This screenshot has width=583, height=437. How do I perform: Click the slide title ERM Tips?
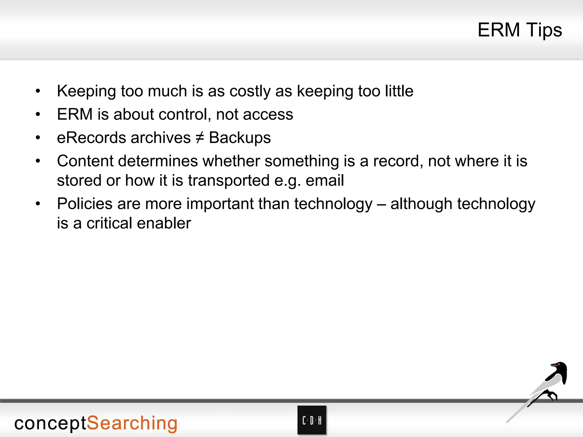[x=520, y=30]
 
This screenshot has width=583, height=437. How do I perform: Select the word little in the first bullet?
[x=399, y=91]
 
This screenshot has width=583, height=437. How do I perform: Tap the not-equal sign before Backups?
[x=200, y=138]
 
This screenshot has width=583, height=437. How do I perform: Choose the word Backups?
[x=240, y=138]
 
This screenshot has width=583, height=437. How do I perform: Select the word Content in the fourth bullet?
[x=85, y=161]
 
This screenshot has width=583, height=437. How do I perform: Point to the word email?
[x=325, y=180]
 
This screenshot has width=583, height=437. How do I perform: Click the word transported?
[x=229, y=180]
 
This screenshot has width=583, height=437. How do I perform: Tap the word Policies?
[x=85, y=204]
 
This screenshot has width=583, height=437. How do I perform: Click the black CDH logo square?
[x=312, y=420]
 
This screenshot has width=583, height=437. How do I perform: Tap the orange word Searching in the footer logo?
[x=132, y=424]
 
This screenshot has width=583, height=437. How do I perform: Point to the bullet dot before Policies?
[x=38, y=204]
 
